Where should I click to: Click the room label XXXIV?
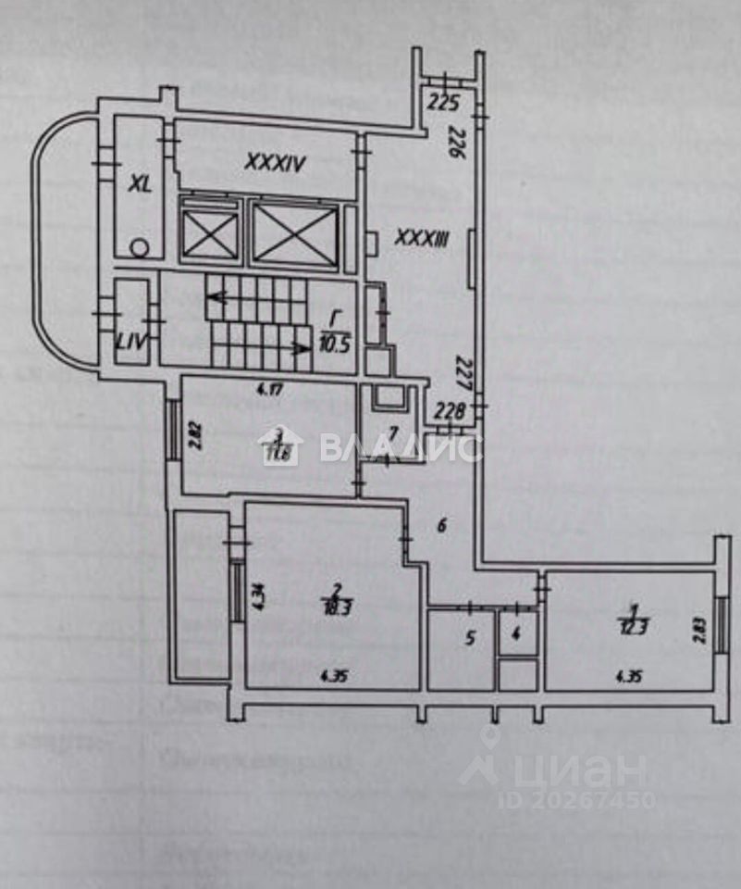275,162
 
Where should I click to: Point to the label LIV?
130,343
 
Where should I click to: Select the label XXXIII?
421,239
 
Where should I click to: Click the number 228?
450,411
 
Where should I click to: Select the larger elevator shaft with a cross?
295,234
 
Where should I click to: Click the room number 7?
392,433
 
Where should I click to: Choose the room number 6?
441,526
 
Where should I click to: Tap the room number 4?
516,635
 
